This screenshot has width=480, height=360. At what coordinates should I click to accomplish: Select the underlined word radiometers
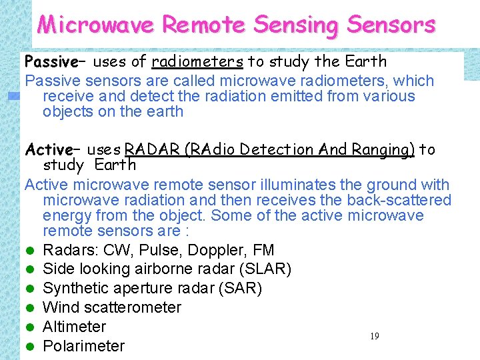[197, 62]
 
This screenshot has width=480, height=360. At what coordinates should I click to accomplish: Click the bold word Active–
[52, 149]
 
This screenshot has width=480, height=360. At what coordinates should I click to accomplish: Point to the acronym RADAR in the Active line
[147, 149]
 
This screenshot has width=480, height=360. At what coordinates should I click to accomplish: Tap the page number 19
[374, 337]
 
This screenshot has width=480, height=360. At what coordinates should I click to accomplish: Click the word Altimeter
[74, 327]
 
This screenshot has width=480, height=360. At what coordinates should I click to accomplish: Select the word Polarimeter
[83, 346]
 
